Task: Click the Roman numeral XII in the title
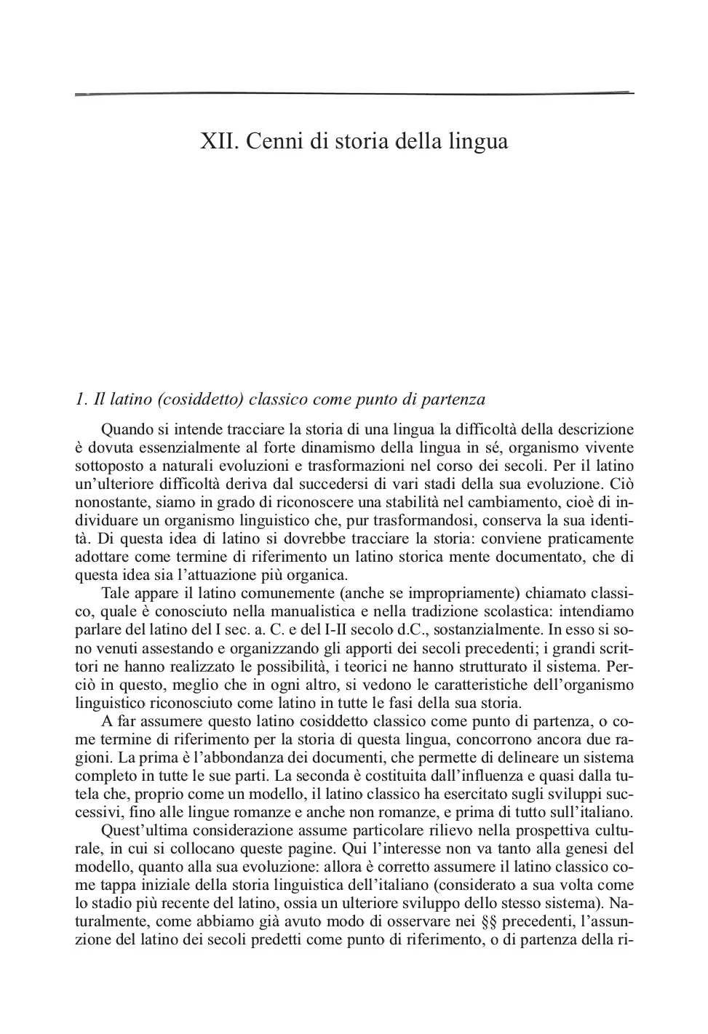pos(218,140)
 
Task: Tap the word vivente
pos(608,448)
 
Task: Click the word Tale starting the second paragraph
pos(115,593)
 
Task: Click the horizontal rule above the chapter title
pos(354,94)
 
